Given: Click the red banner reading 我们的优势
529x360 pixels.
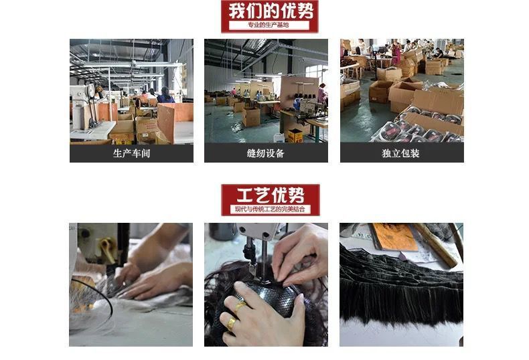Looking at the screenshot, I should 269,11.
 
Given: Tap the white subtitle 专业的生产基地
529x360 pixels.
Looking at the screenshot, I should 269,25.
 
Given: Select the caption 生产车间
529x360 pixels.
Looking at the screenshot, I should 131,153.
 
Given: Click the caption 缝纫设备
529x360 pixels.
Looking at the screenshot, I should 266,153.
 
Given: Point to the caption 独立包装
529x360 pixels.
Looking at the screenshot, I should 401,153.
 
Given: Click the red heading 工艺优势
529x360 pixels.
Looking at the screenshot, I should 270,195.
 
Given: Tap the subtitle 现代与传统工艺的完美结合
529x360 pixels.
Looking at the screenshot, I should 270,209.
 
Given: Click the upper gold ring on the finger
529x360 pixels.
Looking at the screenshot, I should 239,306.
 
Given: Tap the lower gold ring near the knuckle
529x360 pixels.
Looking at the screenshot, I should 231,324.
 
